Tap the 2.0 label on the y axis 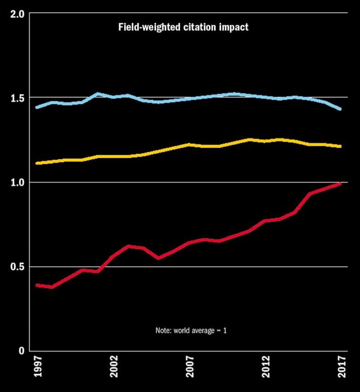(17, 13)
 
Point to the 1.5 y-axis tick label (17, 98)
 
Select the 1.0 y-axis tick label (17, 182)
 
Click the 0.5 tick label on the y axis (17, 267)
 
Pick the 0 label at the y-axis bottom (21, 351)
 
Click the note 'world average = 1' (191, 330)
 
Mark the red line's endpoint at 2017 (340, 183)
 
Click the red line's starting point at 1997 (37, 285)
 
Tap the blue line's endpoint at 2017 (340, 109)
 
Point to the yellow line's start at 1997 (37, 163)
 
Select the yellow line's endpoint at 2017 (340, 146)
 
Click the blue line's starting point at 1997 (37, 107)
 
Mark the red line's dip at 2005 (158, 258)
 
